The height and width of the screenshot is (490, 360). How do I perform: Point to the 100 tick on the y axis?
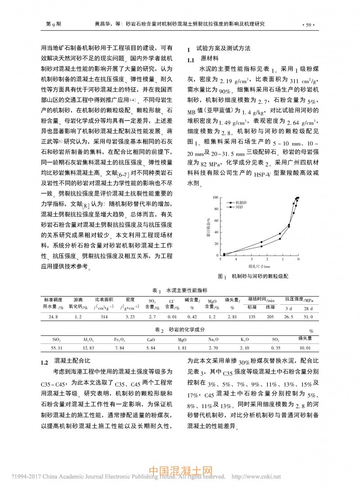point(216,197)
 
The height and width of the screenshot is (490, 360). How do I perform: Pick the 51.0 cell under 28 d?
point(308,317)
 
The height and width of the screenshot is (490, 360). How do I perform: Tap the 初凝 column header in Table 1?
point(252,307)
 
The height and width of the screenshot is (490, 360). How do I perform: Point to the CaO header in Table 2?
point(151,340)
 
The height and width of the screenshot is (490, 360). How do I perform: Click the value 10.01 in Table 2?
point(306,347)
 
